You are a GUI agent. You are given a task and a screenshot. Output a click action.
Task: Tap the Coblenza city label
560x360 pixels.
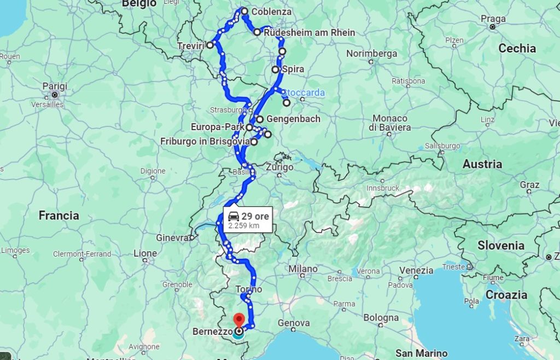pos(271,11)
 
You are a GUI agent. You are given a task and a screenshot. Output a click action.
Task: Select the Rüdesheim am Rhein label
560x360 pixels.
pos(309,32)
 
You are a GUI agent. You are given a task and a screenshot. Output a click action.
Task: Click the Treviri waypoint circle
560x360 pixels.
pos(210,45)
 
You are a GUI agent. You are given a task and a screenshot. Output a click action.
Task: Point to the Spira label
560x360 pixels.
pos(293,69)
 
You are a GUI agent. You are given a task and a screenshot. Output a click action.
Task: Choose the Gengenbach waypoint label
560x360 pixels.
pos(293,119)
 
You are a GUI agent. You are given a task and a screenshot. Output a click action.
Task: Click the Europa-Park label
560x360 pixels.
pos(218,127)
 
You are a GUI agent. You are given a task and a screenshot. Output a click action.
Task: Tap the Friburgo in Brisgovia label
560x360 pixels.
pos(205,142)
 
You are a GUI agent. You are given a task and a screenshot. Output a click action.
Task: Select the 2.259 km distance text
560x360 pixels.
pos(244,225)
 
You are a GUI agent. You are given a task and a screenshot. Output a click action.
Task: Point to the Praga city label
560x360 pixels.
pos(493,18)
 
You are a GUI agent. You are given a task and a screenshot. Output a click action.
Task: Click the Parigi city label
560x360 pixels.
pos(55,86)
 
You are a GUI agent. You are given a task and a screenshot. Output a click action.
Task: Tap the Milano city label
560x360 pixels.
pos(303,269)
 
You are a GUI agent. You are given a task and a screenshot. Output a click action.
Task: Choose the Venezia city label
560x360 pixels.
pos(416,270)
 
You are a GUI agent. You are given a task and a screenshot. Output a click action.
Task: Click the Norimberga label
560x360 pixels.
pos(371,54)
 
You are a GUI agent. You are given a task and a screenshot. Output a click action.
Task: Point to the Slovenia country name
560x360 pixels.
pos(501,246)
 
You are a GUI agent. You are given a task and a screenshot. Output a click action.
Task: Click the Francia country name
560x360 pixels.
pos(59,216)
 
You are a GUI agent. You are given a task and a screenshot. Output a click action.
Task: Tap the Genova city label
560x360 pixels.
pos(294,323)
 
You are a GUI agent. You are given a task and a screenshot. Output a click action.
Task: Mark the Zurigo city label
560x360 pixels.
pos(279,167)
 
